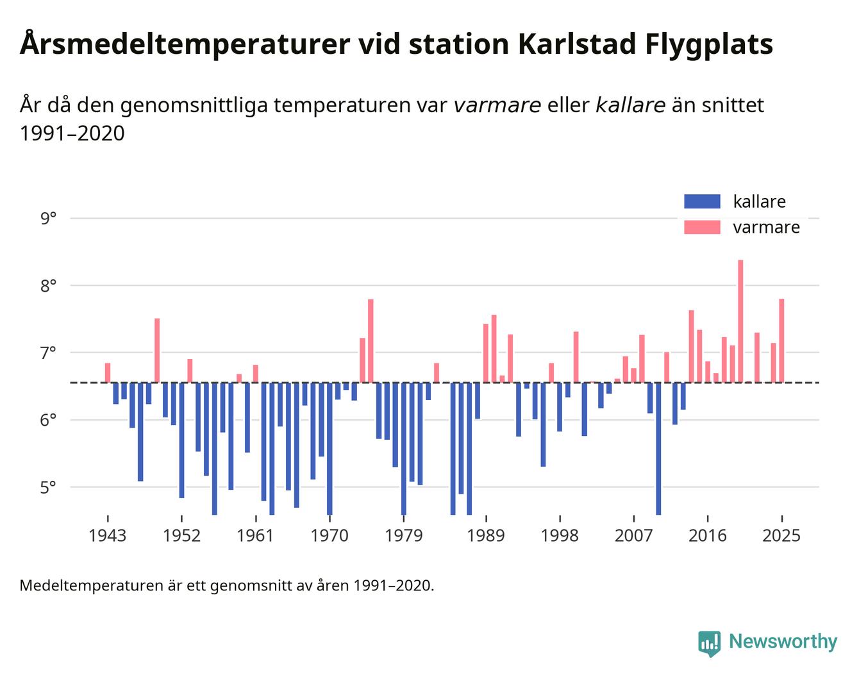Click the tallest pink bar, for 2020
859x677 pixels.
[x=740, y=321]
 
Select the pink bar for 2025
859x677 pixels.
[x=781, y=340]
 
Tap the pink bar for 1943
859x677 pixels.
[x=108, y=372]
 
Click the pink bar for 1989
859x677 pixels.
[x=486, y=353]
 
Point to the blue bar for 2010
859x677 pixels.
[x=658, y=448]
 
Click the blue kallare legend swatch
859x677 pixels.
[x=702, y=201]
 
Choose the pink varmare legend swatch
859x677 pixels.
[x=702, y=227]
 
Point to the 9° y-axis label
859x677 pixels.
[x=48, y=219]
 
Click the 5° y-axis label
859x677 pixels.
[x=48, y=487]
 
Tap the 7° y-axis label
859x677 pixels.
[x=48, y=353]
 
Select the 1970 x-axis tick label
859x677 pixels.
[x=329, y=535]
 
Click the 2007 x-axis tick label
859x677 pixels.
[x=633, y=535]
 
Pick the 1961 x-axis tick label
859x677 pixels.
[x=256, y=535]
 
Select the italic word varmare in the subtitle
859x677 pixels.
[x=497, y=104]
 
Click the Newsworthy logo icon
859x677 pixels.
[x=709, y=642]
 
